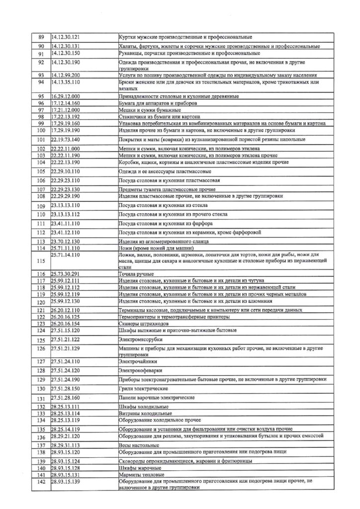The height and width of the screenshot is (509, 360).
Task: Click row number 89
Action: (x=41, y=37)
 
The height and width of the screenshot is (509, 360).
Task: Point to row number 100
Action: (x=41, y=130)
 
